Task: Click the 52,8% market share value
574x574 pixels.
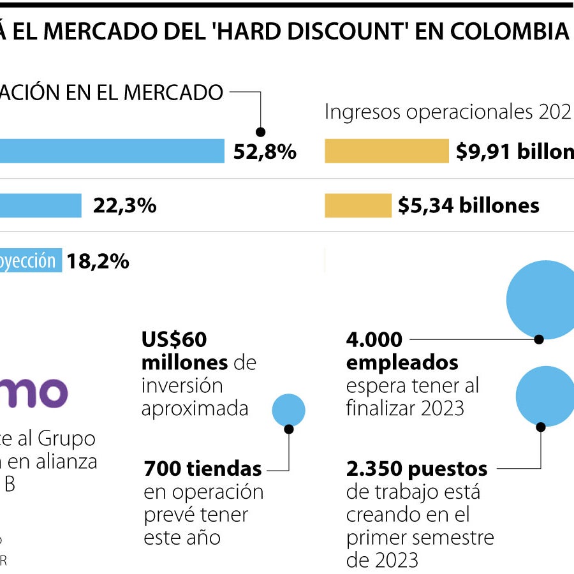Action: pyautogui.click(x=265, y=152)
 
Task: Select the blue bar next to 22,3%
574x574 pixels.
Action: pyautogui.click(x=41, y=205)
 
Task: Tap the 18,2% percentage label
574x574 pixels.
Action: pyautogui.click(x=98, y=261)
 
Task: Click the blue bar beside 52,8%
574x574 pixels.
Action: pyautogui.click(x=112, y=151)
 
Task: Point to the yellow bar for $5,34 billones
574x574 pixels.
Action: pyautogui.click(x=358, y=205)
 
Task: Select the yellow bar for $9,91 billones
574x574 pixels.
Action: pyautogui.click(x=386, y=151)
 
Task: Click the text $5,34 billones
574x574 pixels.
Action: pyautogui.click(x=468, y=205)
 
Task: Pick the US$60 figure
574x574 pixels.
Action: pyautogui.click(x=174, y=340)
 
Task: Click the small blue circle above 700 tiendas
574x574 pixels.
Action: pyautogui.click(x=288, y=410)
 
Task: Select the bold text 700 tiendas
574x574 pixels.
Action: pyautogui.click(x=203, y=469)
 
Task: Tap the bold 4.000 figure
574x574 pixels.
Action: pyautogui.click(x=374, y=340)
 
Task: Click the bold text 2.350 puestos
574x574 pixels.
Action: pyautogui.click(x=416, y=469)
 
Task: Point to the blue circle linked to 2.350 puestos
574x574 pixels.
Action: pyautogui.click(x=545, y=395)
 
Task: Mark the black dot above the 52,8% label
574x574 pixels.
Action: pyautogui.click(x=260, y=132)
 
